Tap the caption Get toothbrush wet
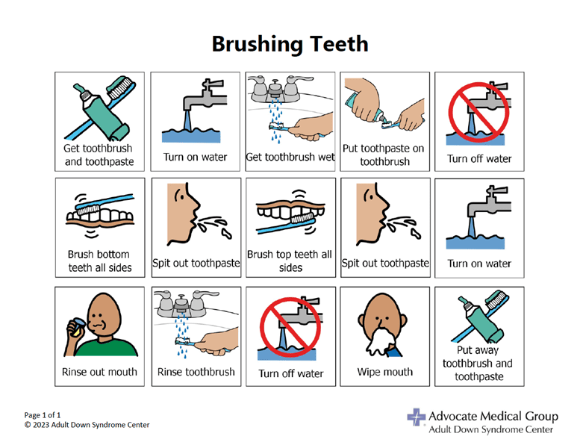click(290, 157)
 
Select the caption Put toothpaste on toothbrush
click(384, 155)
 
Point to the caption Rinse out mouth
click(99, 372)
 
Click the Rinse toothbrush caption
click(196, 372)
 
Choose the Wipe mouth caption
click(385, 372)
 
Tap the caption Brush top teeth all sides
click(290, 261)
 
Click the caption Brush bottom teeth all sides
click(99, 261)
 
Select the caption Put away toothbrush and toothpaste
click(478, 364)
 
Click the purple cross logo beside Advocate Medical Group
click(417, 417)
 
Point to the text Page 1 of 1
click(42, 415)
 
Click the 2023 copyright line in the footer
click(87, 425)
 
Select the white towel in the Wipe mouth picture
click(381, 340)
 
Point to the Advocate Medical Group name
click(493, 416)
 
